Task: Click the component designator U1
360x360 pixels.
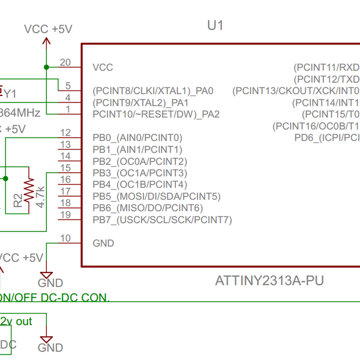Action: point(215,25)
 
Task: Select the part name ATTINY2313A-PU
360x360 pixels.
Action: point(270,281)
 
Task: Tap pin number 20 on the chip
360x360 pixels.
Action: point(65,62)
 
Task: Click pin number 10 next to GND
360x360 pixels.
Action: point(65,238)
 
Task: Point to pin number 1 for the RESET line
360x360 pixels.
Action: point(68,109)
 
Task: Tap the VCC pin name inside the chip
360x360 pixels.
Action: point(103,67)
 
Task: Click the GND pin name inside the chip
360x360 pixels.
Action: point(103,243)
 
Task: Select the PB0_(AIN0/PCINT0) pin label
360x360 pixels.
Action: point(137,137)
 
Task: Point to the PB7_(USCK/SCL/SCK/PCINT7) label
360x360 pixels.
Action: point(162,220)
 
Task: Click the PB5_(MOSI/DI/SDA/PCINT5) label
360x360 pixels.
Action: point(157,196)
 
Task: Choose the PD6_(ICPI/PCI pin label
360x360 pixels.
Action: point(326,137)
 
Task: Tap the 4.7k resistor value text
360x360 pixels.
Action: point(40,196)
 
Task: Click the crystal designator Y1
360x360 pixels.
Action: point(10,93)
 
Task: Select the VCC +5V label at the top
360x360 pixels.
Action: point(48,29)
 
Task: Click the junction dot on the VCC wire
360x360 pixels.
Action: point(46,67)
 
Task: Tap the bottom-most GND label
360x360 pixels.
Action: point(50,347)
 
